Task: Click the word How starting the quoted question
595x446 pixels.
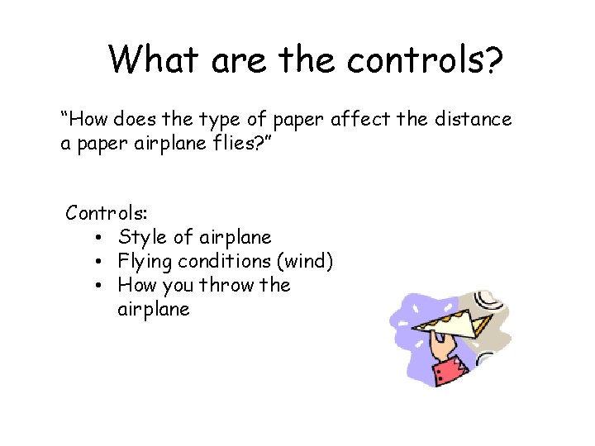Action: pyautogui.click(x=84, y=120)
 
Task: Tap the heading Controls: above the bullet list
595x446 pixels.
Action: pyautogui.click(x=102, y=213)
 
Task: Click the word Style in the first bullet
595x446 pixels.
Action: pyautogui.click(x=141, y=238)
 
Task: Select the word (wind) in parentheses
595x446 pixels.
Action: pyautogui.click(x=305, y=262)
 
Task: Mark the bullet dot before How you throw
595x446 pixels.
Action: pyautogui.click(x=98, y=286)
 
